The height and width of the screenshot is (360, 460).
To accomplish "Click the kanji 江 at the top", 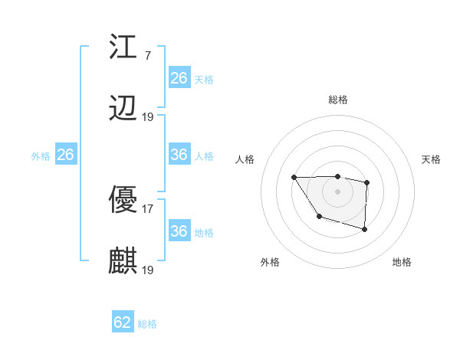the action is tap(123, 48).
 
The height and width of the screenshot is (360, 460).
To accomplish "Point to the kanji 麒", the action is tap(123, 261).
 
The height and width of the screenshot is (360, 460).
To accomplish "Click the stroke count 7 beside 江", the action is tap(147, 56).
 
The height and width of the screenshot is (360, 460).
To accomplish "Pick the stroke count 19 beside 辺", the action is tap(148, 116).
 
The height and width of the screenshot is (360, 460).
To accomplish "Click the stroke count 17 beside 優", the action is tap(148, 208).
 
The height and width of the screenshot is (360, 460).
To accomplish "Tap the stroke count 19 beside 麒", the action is tap(148, 270).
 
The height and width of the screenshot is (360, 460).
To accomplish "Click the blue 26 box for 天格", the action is tap(179, 78).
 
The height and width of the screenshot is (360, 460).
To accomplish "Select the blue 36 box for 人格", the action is tap(179, 155).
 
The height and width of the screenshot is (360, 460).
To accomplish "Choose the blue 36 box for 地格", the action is tap(179, 231).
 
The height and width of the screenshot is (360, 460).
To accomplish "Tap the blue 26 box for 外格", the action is tap(65, 155).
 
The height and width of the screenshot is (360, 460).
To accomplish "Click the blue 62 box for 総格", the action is tap(123, 322).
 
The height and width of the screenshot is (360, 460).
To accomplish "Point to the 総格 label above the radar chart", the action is tap(338, 100).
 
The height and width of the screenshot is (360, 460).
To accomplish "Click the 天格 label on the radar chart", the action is tap(432, 159).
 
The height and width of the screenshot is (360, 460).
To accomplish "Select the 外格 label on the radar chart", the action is tap(270, 262).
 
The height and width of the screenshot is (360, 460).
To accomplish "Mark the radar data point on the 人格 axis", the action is tap(294, 177).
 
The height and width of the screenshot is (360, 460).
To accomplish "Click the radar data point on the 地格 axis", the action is tap(365, 229).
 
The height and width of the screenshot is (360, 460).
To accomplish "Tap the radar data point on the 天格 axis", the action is tap(367, 182).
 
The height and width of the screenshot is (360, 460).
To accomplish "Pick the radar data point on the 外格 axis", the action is tap(319, 217).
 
